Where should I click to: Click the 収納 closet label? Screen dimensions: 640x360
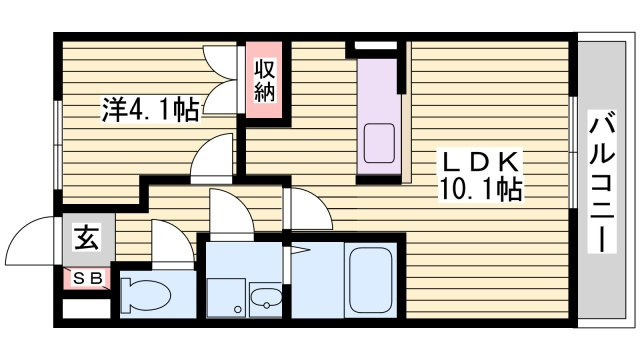264,80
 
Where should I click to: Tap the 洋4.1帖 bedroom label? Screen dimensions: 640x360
151,109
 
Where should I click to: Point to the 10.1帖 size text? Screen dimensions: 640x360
480,189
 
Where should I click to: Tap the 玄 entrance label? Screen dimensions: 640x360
87,238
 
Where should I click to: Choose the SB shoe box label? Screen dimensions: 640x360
87,278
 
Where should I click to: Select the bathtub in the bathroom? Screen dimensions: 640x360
371,280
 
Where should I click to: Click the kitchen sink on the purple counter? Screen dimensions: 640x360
379,143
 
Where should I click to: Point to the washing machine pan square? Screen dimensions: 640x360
226,298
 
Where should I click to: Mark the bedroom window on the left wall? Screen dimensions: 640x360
59,145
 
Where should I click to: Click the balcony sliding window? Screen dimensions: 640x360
573,153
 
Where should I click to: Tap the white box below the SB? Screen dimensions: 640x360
87,309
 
